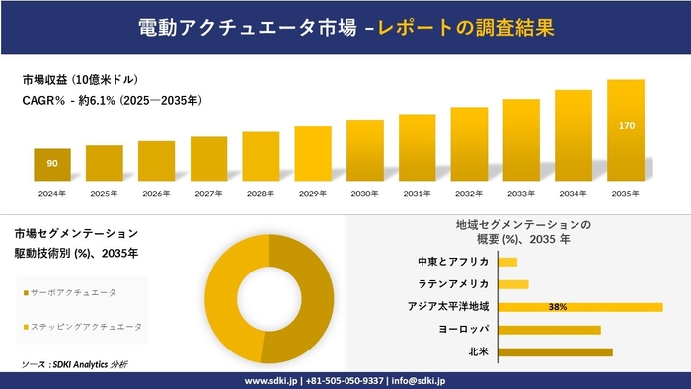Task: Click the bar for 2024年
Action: tap(52, 164)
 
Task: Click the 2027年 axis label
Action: tap(208, 193)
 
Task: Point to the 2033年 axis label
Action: tap(521, 193)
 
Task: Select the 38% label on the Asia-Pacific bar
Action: tap(558, 307)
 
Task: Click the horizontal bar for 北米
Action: tap(556, 351)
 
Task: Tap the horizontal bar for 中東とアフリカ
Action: tap(508, 262)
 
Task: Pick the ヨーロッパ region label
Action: tap(465, 329)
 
